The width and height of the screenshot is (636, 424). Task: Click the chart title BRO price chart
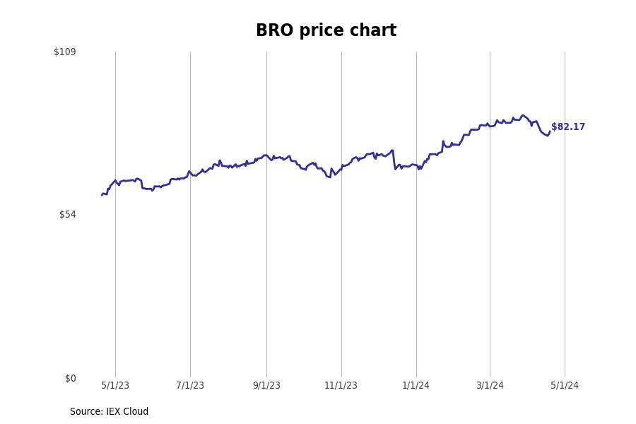click(x=326, y=31)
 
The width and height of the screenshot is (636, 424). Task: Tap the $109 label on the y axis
click(x=65, y=52)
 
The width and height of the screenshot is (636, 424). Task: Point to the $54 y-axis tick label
click(x=67, y=215)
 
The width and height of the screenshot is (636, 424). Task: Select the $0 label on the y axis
click(x=70, y=379)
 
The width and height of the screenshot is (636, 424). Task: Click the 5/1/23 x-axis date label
click(x=115, y=386)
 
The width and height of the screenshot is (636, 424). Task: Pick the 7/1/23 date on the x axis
click(x=190, y=386)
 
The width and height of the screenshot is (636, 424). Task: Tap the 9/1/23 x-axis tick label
click(x=266, y=386)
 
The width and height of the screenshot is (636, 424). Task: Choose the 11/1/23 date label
click(x=341, y=386)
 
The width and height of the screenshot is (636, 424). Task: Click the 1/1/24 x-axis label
click(x=416, y=386)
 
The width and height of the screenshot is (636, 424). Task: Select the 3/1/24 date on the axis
click(x=490, y=386)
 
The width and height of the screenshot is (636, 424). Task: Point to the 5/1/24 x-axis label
click(x=565, y=386)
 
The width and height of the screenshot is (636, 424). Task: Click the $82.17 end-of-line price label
click(x=568, y=127)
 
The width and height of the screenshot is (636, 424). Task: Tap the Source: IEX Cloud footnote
click(x=109, y=412)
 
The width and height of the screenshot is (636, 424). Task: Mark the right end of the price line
click(x=550, y=131)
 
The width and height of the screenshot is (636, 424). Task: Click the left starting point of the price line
click(x=102, y=194)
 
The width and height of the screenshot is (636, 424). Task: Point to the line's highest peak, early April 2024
click(x=523, y=115)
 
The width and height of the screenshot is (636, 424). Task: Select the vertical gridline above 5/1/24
click(x=565, y=212)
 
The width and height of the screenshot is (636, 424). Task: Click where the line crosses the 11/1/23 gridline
click(x=341, y=167)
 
